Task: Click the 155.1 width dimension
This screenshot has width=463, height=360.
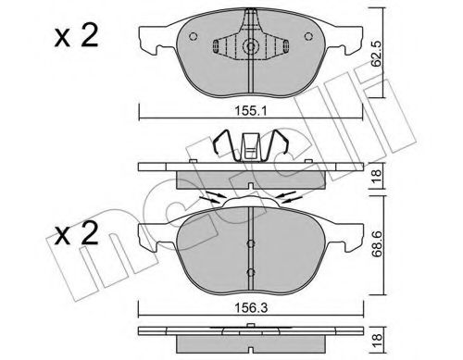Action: (251, 111)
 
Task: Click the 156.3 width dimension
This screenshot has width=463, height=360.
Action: (251, 308)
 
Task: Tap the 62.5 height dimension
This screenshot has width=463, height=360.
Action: (376, 54)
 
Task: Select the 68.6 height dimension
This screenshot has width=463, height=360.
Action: (376, 244)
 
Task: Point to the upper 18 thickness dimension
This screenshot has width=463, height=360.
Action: (377, 176)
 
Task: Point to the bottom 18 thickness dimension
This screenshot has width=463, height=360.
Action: (377, 341)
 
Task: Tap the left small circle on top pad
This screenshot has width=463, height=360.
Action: (193, 36)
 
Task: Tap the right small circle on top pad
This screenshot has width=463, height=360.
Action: (308, 36)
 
